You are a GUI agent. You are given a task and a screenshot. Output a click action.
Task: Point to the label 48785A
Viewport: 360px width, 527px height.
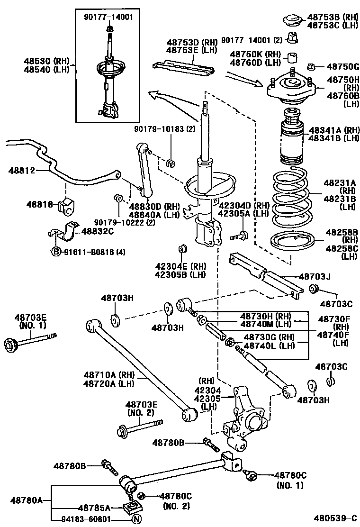tap(94, 508)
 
